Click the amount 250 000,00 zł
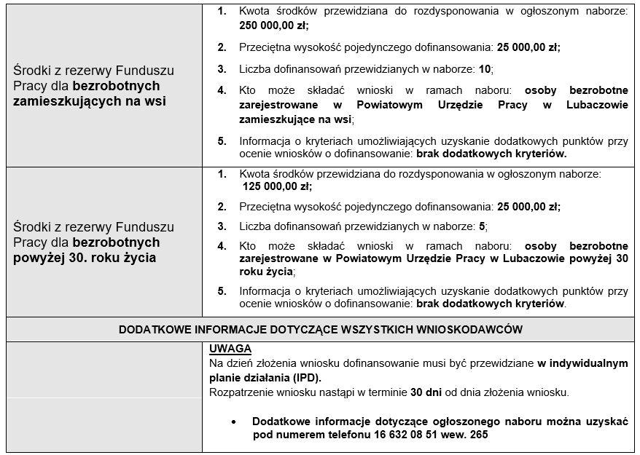pyautogui.click(x=273, y=25)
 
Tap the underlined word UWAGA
pyautogui.click(x=230, y=349)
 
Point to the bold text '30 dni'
pyautogui.click(x=426, y=392)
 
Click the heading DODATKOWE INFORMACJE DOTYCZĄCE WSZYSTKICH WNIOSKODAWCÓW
pyautogui.click(x=320, y=329)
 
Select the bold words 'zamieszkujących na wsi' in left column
pyautogui.click(x=90, y=101)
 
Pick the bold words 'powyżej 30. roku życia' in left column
pyautogui.click(x=86, y=258)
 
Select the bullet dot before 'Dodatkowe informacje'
pyautogui.click(x=233, y=422)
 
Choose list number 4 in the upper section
pyautogui.click(x=222, y=90)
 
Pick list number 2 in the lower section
pyautogui.click(x=222, y=206)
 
